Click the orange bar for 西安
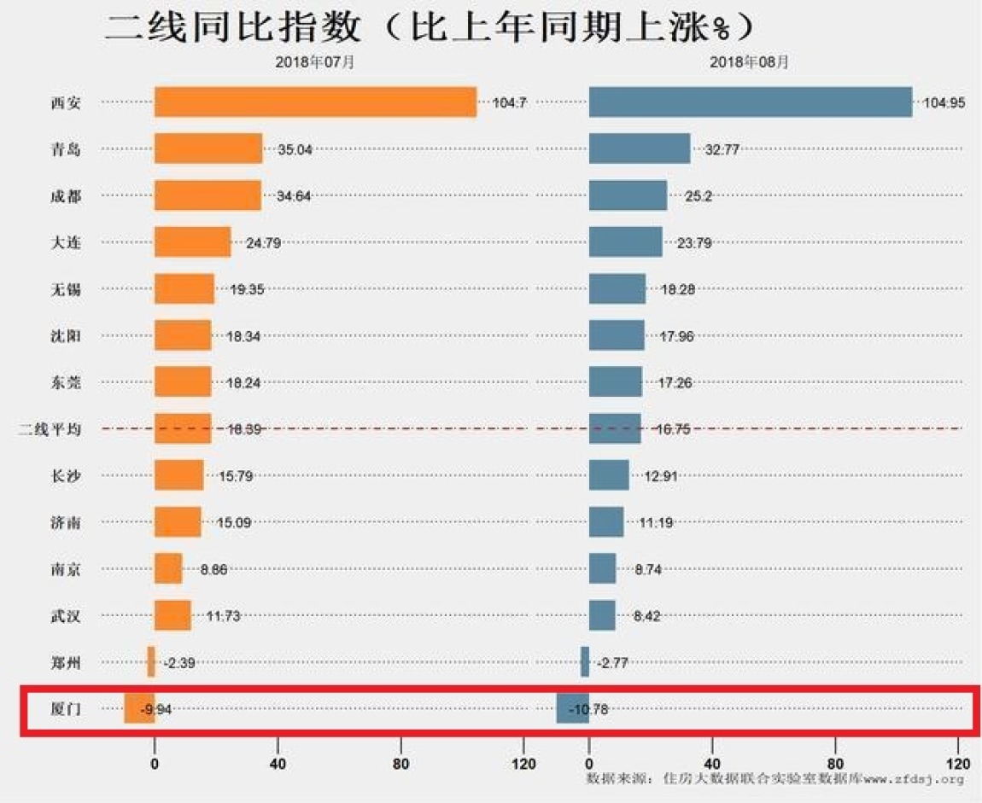coord(315,102)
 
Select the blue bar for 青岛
coord(640,149)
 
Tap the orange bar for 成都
coord(208,195)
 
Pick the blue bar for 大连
coord(626,241)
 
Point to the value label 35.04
coord(295,149)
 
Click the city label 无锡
coord(66,289)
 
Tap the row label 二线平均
coord(50,429)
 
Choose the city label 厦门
coord(66,708)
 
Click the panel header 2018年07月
coord(315,61)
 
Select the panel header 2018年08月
coord(749,61)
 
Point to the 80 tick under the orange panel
coord(400,764)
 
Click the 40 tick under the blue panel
coord(711,764)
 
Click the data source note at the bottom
coord(775,779)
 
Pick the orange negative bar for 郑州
coord(151,661)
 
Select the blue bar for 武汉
coord(602,615)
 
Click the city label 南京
coord(66,569)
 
